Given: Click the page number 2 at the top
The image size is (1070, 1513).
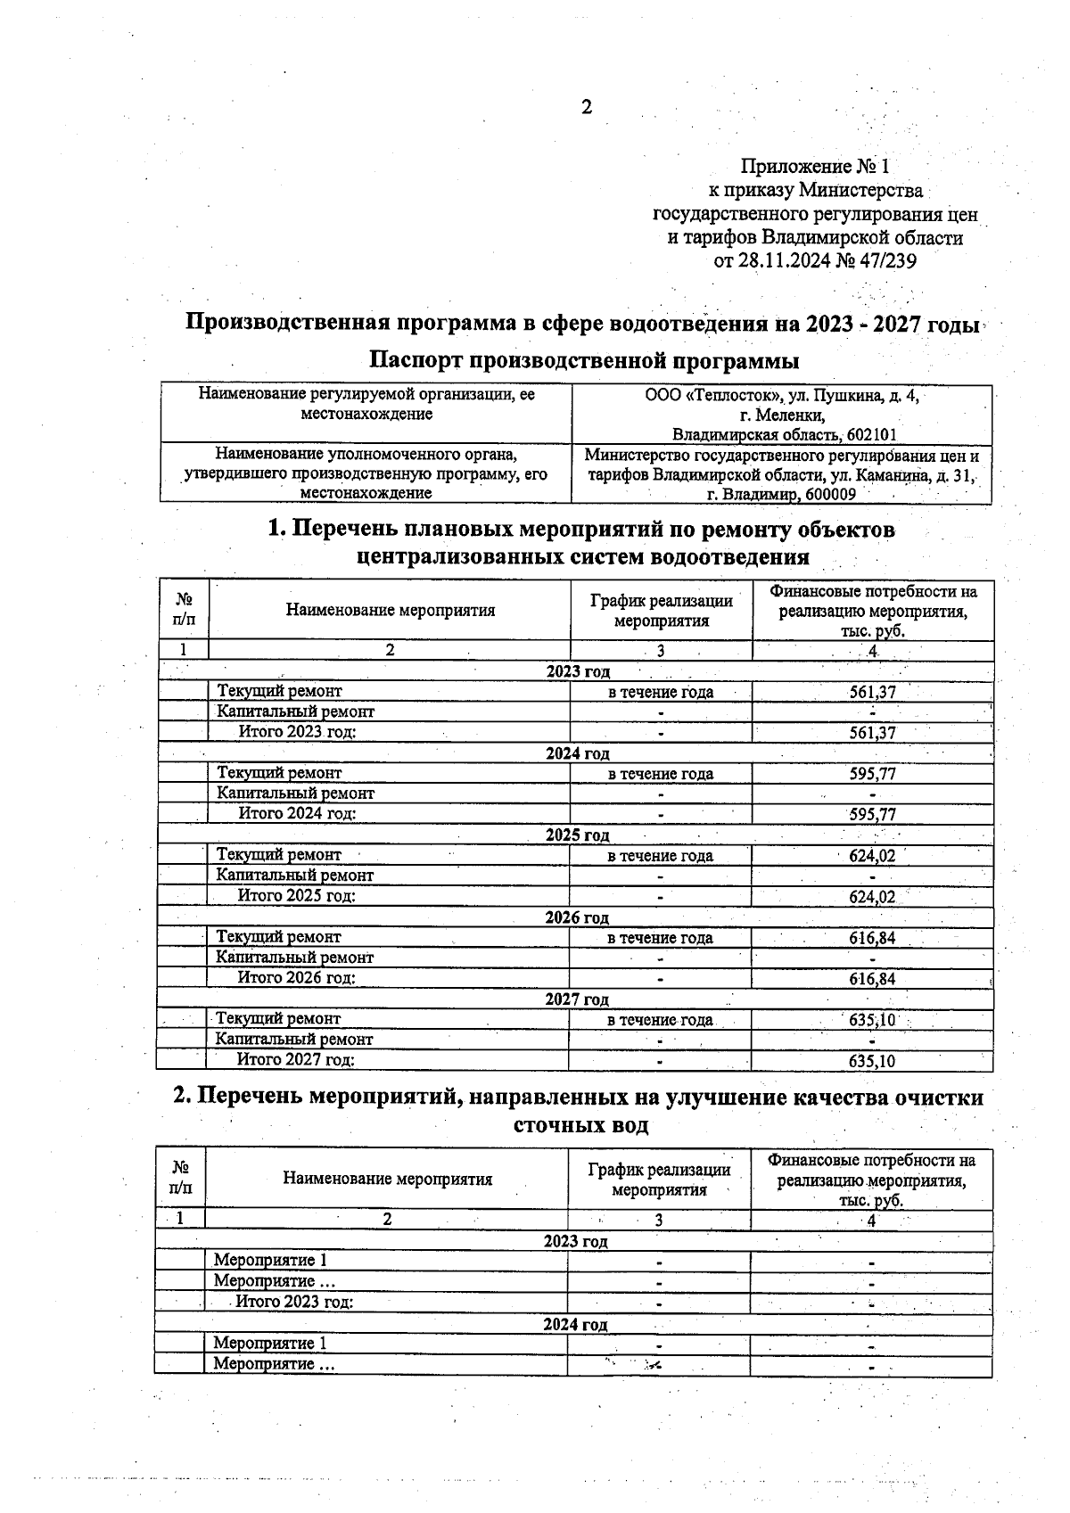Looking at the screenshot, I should coord(586,108).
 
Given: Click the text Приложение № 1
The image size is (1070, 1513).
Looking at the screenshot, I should coord(815,167).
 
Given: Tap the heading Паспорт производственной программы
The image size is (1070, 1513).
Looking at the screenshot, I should coord(584,361).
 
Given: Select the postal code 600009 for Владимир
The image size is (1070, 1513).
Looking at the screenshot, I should coord(829,494).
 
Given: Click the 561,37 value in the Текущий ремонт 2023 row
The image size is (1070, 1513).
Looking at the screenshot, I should coord(872,692).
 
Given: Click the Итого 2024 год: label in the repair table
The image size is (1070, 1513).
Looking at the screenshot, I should coord(297,813).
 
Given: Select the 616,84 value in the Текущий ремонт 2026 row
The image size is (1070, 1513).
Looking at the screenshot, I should coord(871,938).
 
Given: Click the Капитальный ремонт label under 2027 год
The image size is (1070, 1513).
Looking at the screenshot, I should coord(294,1039).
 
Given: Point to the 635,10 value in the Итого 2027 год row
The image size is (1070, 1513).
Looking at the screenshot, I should coord(871,1061).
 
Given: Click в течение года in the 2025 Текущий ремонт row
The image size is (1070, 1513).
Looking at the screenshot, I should coord(660,856).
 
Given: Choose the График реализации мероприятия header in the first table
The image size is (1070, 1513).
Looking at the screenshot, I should coord(661,611).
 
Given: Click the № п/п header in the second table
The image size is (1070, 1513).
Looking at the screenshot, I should coord(180,1178).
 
